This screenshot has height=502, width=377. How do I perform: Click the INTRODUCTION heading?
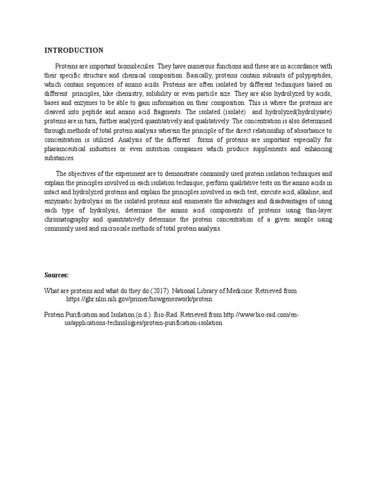pyautogui.click(x=74, y=50)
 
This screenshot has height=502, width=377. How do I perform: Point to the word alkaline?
pyautogui.click(x=301, y=192)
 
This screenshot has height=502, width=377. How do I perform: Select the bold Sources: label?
pyautogui.click(x=56, y=276)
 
